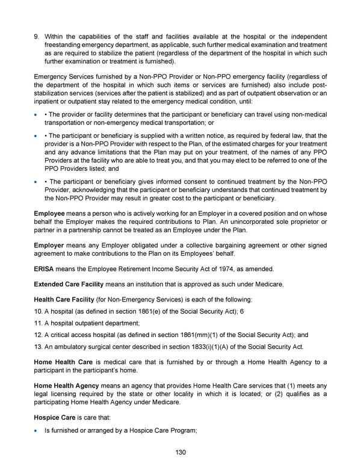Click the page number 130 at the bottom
(x=180, y=452)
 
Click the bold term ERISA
(x=45, y=268)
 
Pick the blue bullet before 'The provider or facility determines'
(x=37, y=114)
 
